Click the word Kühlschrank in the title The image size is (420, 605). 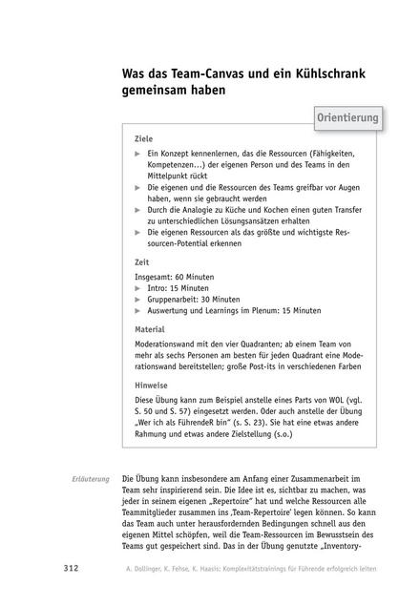(x=306, y=75)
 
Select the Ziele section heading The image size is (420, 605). (x=144, y=138)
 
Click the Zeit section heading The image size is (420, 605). (x=142, y=261)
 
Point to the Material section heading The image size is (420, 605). (x=151, y=329)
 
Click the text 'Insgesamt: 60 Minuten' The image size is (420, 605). (x=175, y=276)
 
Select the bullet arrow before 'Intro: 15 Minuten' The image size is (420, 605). (x=138, y=287)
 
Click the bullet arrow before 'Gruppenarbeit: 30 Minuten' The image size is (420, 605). (x=138, y=299)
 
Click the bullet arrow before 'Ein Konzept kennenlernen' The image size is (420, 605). (x=138, y=153)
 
